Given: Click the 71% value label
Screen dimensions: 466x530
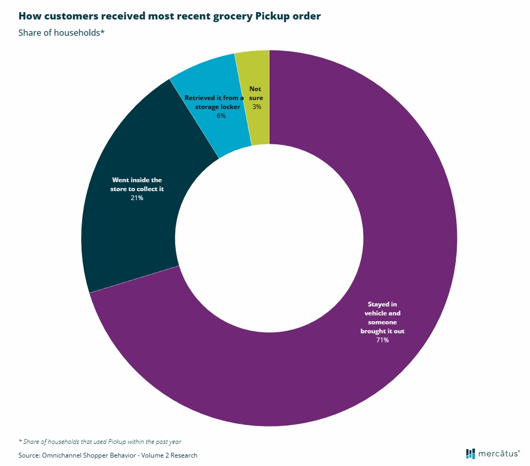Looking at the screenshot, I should (x=382, y=340).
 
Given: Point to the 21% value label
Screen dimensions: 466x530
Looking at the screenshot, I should (x=137, y=198).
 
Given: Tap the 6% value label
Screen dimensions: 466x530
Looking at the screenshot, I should (x=221, y=115).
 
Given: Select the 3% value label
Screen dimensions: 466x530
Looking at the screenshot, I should (x=256, y=106).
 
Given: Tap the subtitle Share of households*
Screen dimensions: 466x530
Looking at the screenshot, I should (x=62, y=33).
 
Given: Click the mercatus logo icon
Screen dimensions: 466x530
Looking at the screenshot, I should (x=471, y=454).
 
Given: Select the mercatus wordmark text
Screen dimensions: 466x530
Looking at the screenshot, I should (x=498, y=454).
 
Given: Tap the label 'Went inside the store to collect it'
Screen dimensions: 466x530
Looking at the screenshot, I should (x=137, y=184).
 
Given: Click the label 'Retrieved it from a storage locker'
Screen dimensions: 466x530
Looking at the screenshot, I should (x=213, y=102).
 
